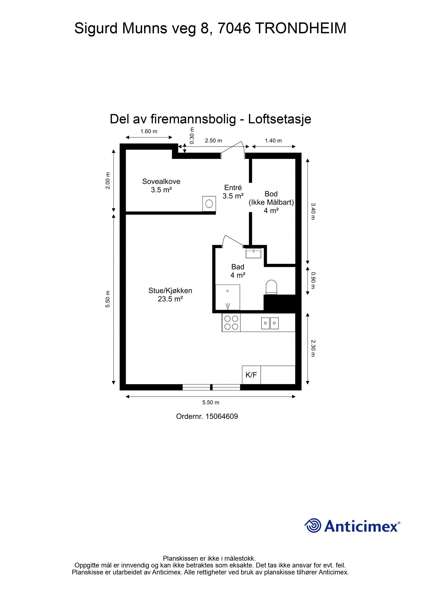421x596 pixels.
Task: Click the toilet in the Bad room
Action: (x=272, y=287)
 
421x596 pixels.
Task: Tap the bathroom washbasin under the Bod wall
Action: (x=253, y=253)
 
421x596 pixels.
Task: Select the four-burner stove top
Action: (x=231, y=323)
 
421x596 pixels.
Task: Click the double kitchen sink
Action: (x=270, y=323)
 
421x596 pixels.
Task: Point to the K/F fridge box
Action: (x=251, y=375)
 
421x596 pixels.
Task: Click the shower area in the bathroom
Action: (x=228, y=297)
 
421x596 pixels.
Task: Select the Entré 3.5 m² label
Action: (x=233, y=192)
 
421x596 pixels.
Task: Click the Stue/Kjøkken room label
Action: (x=170, y=294)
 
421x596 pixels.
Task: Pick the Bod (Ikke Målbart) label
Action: (x=271, y=202)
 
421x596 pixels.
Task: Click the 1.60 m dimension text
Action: (x=149, y=131)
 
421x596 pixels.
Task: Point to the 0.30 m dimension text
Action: (x=192, y=135)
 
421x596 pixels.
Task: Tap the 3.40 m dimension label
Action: (x=312, y=211)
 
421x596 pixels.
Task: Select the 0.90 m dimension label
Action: (x=312, y=280)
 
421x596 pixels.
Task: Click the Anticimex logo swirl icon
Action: (x=313, y=525)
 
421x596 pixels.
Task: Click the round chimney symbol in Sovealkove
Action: (x=209, y=204)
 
